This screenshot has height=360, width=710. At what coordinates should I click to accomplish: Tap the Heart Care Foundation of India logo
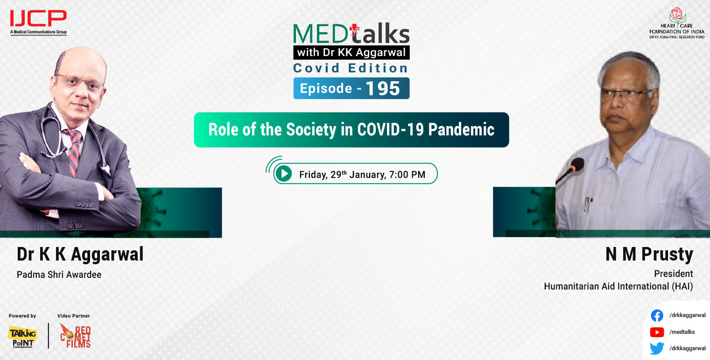(676, 23)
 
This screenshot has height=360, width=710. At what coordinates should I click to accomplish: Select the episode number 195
(383, 88)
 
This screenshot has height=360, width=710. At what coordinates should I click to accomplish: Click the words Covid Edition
(351, 68)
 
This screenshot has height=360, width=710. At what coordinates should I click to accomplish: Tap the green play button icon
(283, 174)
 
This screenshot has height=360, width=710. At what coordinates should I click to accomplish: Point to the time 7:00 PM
(407, 175)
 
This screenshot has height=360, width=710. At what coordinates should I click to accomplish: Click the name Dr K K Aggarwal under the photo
(80, 254)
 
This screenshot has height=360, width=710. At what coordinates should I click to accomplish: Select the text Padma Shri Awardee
(59, 275)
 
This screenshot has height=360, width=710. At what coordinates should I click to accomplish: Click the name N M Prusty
(649, 254)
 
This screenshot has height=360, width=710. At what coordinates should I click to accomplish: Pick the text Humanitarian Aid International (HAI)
(618, 286)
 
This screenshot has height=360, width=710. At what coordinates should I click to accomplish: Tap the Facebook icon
(657, 316)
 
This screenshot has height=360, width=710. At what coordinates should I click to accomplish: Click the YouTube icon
(657, 332)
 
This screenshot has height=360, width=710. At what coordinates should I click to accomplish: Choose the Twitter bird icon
(657, 348)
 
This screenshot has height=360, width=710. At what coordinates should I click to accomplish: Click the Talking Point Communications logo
(22, 337)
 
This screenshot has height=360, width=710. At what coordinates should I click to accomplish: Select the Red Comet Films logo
(75, 336)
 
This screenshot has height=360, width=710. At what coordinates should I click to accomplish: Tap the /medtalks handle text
(682, 332)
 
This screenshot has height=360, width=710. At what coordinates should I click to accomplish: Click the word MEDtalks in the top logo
(351, 34)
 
